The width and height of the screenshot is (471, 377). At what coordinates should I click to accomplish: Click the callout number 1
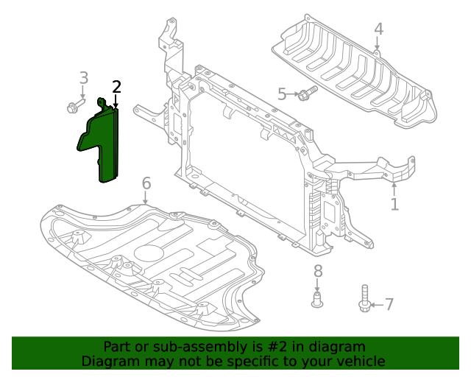point(394,204)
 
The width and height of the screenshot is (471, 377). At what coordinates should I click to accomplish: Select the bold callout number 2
point(116,88)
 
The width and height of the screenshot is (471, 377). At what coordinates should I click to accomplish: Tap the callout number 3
point(83,77)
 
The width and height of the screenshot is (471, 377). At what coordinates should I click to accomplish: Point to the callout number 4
point(378,29)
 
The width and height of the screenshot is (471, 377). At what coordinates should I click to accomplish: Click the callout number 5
point(282,94)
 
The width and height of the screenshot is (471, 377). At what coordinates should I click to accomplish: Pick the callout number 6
point(146,183)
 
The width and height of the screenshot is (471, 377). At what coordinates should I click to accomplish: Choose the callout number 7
point(389,304)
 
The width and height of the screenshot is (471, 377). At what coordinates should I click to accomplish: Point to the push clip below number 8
point(318,300)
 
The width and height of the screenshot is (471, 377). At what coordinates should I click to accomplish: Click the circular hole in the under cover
point(151,252)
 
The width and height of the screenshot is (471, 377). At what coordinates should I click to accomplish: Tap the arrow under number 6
point(146,197)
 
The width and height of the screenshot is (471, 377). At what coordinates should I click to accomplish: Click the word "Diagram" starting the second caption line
point(106,362)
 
